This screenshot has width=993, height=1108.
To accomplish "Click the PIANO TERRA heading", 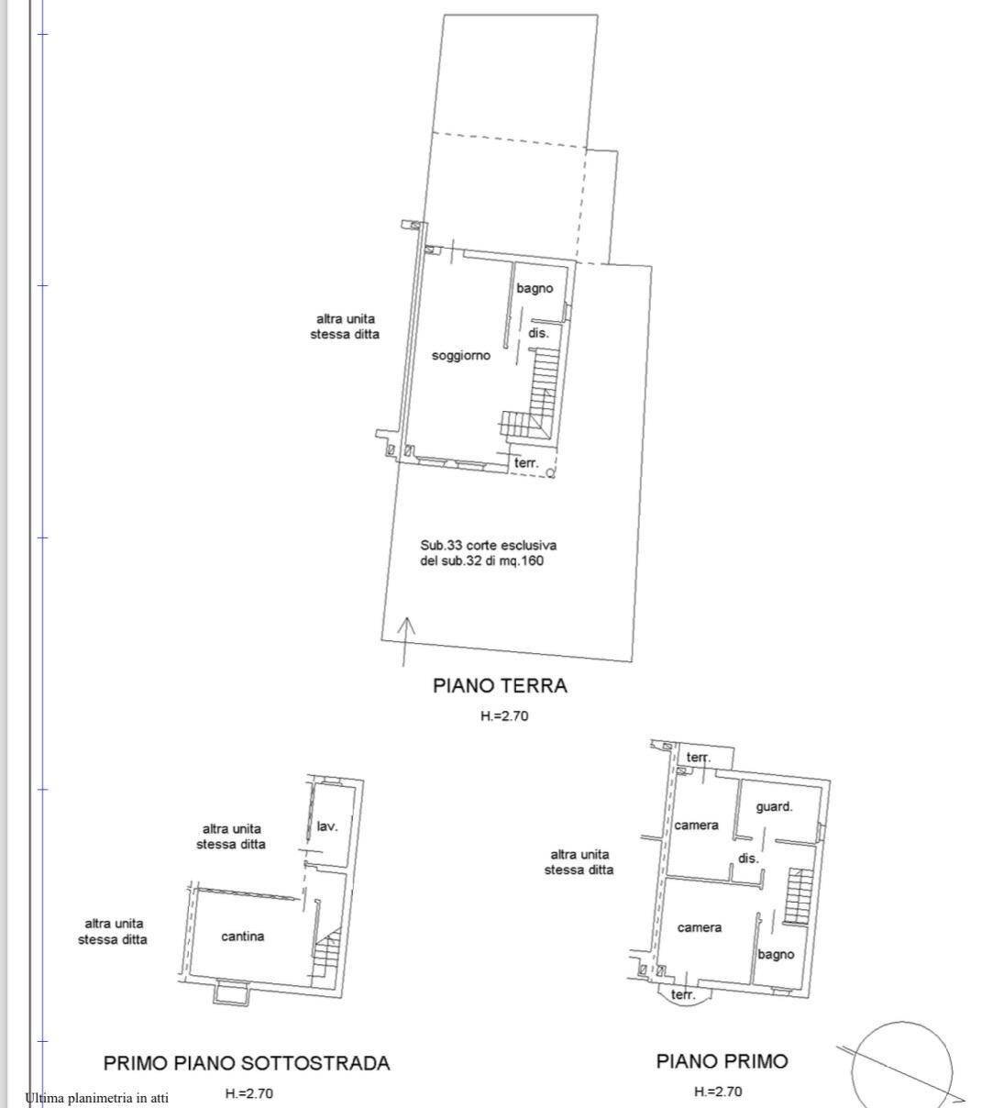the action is point(500,685).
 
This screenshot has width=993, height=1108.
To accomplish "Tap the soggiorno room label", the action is point(461,356).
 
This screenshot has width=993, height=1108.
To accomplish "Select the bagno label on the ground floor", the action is point(535,289).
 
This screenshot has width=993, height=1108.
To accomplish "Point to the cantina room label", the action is point(243,936).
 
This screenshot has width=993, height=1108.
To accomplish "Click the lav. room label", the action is point(327,825).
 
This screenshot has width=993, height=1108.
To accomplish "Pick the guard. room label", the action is point(774,806).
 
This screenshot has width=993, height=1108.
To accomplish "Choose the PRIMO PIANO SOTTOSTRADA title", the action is point(247,1063).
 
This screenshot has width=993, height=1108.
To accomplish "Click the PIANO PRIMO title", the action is point(722,1061).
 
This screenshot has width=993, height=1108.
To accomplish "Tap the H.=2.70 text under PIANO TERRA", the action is point(504,715).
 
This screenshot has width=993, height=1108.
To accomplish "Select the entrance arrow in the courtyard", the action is point(405,641).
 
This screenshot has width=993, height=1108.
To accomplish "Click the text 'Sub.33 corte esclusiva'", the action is point(489,545).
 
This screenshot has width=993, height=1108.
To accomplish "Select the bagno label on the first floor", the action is point(776,955).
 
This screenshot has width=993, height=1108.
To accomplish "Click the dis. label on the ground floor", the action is point(538,333).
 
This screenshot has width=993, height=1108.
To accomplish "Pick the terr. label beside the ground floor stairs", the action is point(526,462).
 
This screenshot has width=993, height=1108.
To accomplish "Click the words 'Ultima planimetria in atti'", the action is point(97,1098).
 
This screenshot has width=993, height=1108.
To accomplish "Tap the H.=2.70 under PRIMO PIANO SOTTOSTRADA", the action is point(249,1093).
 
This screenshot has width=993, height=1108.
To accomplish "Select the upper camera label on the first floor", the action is point(696,825).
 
